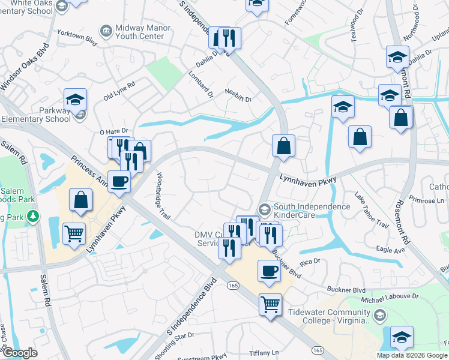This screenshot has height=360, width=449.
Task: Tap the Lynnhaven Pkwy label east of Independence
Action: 309,179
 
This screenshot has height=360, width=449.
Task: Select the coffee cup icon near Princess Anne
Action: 119,181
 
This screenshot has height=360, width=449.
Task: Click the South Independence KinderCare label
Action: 312,211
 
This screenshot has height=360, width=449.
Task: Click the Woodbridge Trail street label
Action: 164,196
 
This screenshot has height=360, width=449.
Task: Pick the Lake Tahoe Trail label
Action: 371,209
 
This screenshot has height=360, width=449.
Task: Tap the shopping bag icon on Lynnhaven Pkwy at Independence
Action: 283,145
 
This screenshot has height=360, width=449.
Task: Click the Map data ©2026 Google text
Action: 412,355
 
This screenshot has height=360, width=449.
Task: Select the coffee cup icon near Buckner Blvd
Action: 268,271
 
